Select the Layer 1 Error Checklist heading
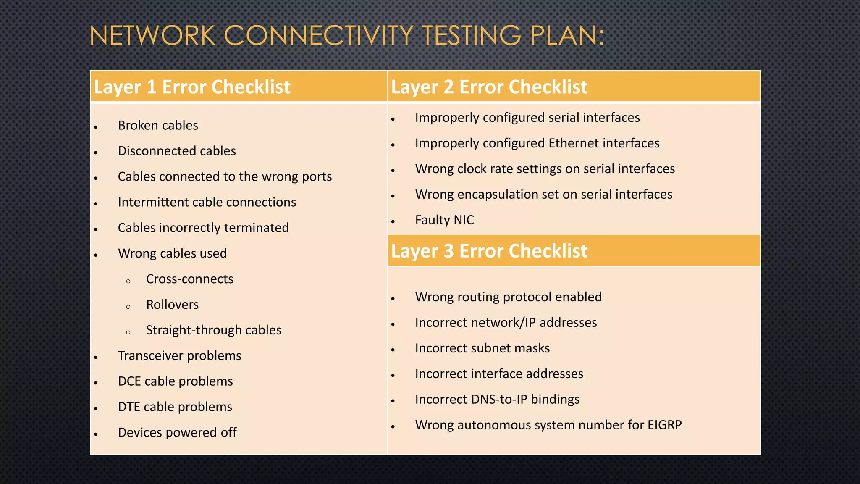click(192, 87)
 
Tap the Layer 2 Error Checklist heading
click(489, 87)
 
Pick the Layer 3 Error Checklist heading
click(489, 251)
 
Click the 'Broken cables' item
click(158, 125)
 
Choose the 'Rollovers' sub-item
click(172, 305)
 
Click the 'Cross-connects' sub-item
click(189, 279)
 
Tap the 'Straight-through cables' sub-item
click(213, 330)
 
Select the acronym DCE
click(129, 381)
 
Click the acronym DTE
click(129, 407)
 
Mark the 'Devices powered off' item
click(177, 433)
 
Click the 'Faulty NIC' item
click(444, 220)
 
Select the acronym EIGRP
click(664, 425)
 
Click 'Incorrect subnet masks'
click(482, 348)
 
